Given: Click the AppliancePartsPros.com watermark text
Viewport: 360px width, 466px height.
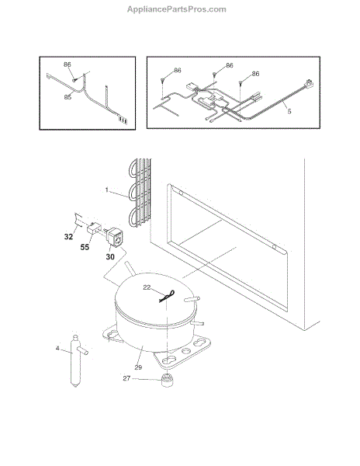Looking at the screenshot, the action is (177, 9).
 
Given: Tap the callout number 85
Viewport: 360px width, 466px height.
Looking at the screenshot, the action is (67, 97).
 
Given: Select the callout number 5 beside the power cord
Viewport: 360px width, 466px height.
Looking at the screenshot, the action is (289, 111).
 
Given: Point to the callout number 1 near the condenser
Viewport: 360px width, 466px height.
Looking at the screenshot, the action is (107, 190).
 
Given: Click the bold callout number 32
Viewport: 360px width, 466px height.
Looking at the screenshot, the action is (68, 237).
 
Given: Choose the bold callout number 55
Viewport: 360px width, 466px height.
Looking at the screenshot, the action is (85, 247).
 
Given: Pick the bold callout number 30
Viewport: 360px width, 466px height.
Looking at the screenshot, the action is (110, 256).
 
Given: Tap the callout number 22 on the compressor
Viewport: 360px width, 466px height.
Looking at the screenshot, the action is (147, 287).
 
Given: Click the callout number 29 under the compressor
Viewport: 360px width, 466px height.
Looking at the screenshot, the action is (138, 367).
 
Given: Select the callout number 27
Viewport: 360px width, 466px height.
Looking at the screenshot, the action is (126, 378).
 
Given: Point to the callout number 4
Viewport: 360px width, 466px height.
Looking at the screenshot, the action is (57, 348).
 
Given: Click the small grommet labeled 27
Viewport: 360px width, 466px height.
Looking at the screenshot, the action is (167, 381).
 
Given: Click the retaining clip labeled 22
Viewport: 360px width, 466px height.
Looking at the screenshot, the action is (167, 297).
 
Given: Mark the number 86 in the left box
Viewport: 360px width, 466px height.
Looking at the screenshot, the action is (67, 64).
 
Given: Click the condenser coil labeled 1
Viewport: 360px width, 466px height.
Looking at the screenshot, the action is (140, 193).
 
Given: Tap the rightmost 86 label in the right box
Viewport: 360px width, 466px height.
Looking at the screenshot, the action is (255, 74).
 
